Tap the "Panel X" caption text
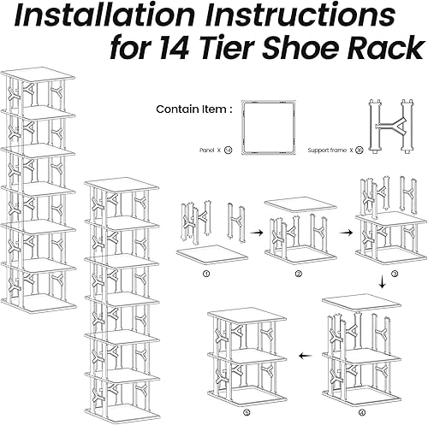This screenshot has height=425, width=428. [x=205, y=150]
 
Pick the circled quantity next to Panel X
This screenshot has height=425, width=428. [x=228, y=150]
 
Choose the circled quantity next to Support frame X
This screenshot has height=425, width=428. [x=359, y=150]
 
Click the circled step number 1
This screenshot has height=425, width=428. [x=205, y=274]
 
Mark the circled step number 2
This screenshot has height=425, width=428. [x=298, y=274]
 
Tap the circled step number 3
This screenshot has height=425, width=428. [x=395, y=274]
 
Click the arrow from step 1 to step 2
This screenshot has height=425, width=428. [x=254, y=230]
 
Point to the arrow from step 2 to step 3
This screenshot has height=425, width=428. [x=348, y=230]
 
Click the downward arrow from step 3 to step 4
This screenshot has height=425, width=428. [x=380, y=281]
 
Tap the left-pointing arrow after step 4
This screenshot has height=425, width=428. [x=302, y=353]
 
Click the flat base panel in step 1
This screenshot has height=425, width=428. [x=212, y=255]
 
